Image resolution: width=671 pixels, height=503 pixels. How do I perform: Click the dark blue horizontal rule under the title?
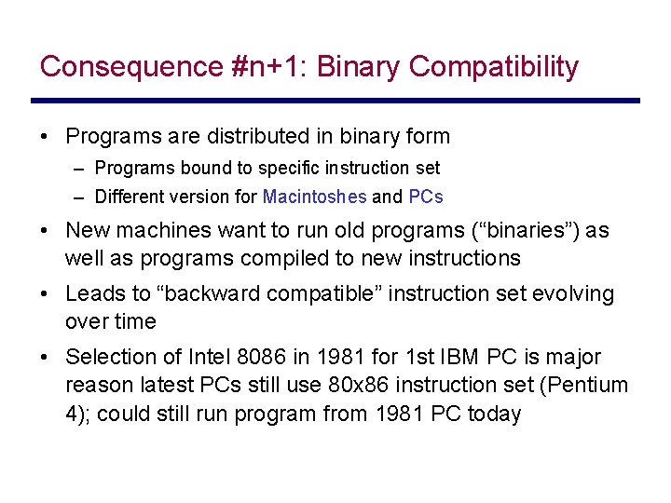click(x=335, y=101)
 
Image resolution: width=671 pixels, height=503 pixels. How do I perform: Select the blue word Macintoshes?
click(x=314, y=197)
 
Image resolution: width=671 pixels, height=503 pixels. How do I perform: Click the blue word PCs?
click(x=426, y=197)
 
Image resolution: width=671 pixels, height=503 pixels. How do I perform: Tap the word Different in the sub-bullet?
click(x=130, y=197)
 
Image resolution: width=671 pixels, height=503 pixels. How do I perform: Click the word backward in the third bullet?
click(x=207, y=294)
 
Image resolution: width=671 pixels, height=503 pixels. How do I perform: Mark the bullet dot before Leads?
click(x=46, y=294)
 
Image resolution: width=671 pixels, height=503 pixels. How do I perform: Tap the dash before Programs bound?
click(x=83, y=169)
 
